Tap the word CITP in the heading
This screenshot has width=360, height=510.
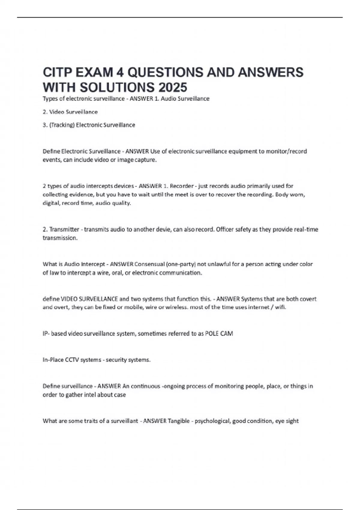(x=57, y=72)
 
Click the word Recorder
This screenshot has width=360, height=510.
(x=181, y=186)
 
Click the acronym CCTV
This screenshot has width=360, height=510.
(x=72, y=360)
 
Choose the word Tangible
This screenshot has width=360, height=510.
(x=178, y=421)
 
